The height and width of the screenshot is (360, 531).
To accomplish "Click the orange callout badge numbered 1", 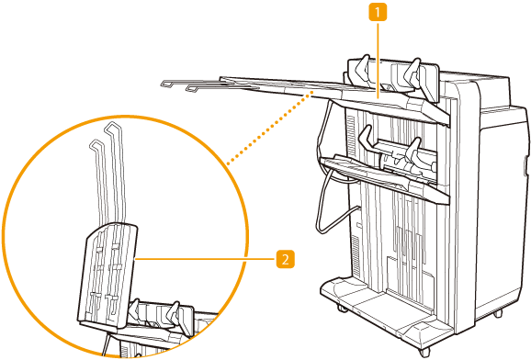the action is pyautogui.click(x=378, y=13).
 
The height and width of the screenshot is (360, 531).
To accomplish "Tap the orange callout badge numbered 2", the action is pyautogui.click(x=286, y=259).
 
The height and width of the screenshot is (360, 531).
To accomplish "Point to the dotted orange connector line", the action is pyautogui.click(x=268, y=128).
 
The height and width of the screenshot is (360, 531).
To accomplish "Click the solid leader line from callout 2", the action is pyautogui.click(x=206, y=259).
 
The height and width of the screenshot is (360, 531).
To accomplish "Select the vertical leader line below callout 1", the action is pyautogui.click(x=378, y=59).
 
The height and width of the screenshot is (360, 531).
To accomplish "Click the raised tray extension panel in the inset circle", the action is pyautogui.click(x=107, y=275).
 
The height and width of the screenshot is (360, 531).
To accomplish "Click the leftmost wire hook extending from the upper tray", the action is pyautogui.click(x=176, y=84).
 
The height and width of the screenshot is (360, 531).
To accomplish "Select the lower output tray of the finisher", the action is pyautogui.click(x=383, y=179).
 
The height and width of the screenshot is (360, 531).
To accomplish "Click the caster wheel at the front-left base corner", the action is pyautogui.click(x=342, y=309).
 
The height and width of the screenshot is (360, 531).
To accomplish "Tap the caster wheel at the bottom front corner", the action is pyautogui.click(x=424, y=352).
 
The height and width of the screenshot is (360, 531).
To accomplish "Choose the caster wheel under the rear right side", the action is pyautogui.click(x=497, y=313).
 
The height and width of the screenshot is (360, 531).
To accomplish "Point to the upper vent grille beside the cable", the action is pyautogui.click(x=351, y=133).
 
